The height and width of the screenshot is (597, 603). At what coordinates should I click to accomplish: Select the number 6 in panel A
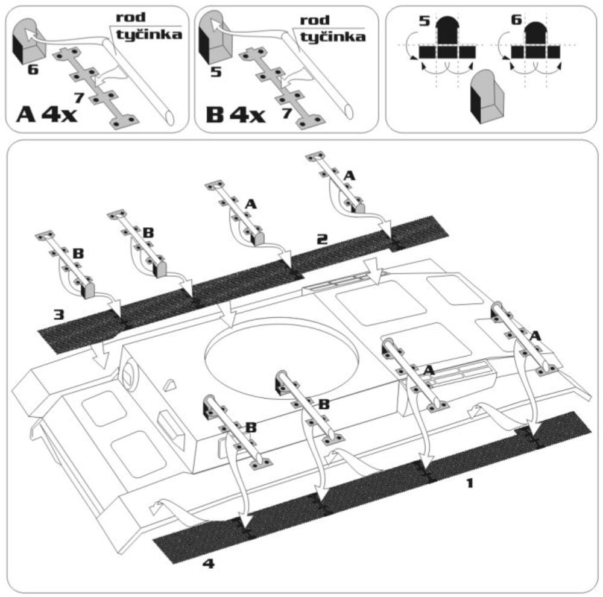pos(33,71)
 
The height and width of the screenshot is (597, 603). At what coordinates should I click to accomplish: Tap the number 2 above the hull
pos(322,239)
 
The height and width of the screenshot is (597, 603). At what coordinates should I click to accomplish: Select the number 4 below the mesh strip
pos(208,564)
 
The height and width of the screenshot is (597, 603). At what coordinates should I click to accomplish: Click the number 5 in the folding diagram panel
pos(425,22)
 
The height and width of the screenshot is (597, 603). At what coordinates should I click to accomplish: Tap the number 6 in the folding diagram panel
pos(516,21)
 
